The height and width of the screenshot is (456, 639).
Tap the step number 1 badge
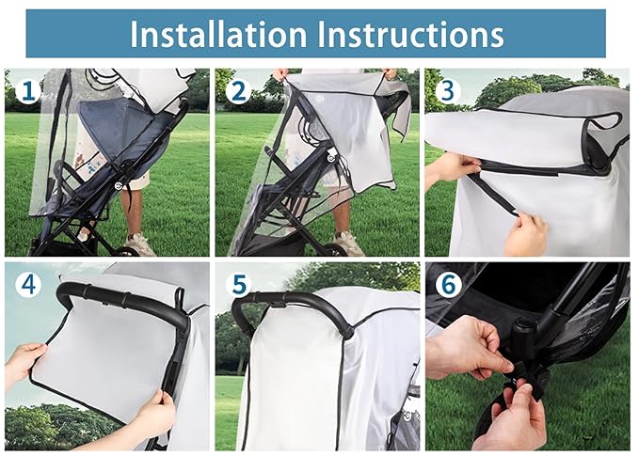pos(27,90)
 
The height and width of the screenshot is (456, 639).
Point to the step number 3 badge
pos(446,90)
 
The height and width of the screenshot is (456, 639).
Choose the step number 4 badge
pos(27,284)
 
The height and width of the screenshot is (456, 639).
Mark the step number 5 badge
pos(238,284)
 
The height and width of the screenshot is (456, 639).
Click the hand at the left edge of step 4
pos(23,362)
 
